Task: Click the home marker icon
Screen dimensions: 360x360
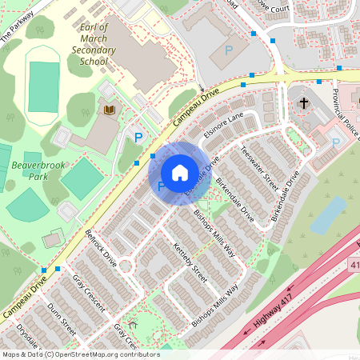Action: point(180,173)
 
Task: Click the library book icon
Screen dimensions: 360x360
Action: point(109,108)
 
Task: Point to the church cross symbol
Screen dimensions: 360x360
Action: point(303,103)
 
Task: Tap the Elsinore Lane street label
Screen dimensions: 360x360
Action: point(223,127)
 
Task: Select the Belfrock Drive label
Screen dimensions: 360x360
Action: point(101,248)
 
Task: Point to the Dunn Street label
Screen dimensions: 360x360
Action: point(62,318)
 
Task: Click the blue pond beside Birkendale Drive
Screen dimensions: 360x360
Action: point(328,215)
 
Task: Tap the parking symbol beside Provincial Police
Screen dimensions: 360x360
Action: point(336,143)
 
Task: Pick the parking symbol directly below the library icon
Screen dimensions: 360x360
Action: point(138,138)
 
